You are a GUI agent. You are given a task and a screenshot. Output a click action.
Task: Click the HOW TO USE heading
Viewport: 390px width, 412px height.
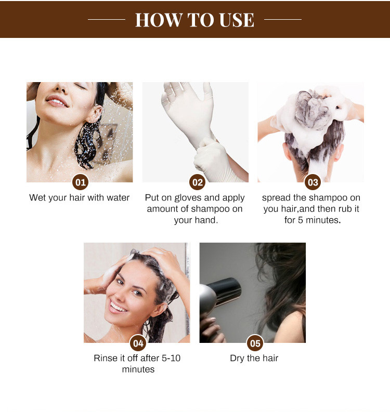(x=194, y=20)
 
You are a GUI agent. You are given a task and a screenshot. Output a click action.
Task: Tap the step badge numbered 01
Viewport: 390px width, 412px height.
(x=80, y=182)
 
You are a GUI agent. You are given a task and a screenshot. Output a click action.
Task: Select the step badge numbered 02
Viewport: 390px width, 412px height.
(x=197, y=182)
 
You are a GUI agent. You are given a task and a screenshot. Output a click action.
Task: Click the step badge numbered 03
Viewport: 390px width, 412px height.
(x=313, y=182)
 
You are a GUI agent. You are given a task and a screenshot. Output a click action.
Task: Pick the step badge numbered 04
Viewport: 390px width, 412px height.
(x=138, y=343)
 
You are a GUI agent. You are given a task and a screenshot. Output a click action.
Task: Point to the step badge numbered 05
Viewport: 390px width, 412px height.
(x=255, y=343)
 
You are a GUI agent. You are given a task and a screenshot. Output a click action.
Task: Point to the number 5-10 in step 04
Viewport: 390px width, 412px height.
(x=171, y=358)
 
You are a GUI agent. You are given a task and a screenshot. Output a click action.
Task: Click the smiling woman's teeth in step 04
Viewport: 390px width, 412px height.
(x=118, y=308)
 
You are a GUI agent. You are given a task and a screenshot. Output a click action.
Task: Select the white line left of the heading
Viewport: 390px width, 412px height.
(x=107, y=19)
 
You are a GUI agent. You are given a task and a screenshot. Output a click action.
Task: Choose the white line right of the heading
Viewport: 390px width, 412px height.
(x=283, y=19)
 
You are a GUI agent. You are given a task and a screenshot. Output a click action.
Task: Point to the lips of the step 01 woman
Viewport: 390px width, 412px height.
(x=57, y=101)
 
